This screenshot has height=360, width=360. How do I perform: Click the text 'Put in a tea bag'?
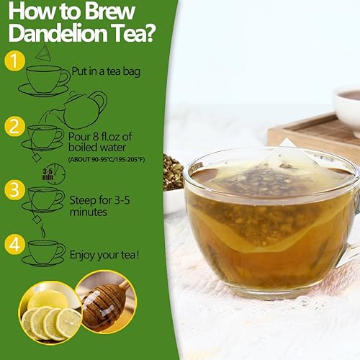point(104,72)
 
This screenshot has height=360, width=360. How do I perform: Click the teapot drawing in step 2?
point(84,110)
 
